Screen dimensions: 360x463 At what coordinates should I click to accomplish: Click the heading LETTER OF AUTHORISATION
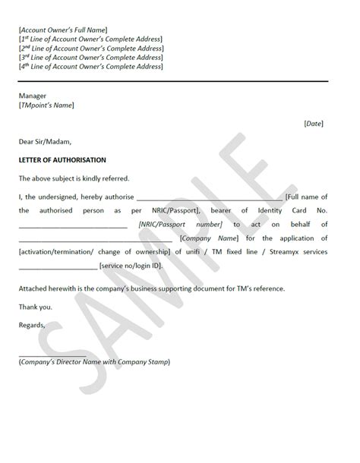[x=62, y=160]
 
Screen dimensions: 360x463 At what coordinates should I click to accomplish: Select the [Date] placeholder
[x=314, y=124]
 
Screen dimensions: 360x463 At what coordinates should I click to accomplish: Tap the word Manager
[x=33, y=96]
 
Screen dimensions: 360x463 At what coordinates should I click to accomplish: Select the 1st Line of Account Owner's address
[x=90, y=38]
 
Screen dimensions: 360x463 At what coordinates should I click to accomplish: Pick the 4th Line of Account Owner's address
[x=90, y=67]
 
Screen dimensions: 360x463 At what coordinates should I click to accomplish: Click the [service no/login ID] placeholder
[x=141, y=266]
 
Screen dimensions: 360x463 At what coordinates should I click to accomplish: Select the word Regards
[x=33, y=326]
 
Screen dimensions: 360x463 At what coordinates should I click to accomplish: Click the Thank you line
[x=36, y=307]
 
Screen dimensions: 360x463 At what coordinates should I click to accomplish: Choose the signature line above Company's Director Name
[x=52, y=355]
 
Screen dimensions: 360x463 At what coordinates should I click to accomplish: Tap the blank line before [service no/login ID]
[x=58, y=266]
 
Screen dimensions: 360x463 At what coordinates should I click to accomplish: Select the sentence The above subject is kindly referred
[x=74, y=178]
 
